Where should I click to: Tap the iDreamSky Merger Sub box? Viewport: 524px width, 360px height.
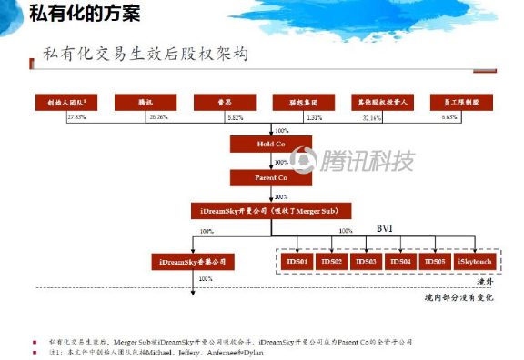click(269, 211)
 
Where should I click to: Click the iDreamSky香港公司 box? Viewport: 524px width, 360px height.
click(192, 262)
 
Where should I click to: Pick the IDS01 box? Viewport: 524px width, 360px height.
click(298, 262)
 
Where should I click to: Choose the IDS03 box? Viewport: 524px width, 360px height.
click(366, 262)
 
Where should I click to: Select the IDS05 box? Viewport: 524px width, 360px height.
click(434, 262)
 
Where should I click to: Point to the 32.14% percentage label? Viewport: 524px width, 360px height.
click(371, 117)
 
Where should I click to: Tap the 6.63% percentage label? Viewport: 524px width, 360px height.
click(448, 117)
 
